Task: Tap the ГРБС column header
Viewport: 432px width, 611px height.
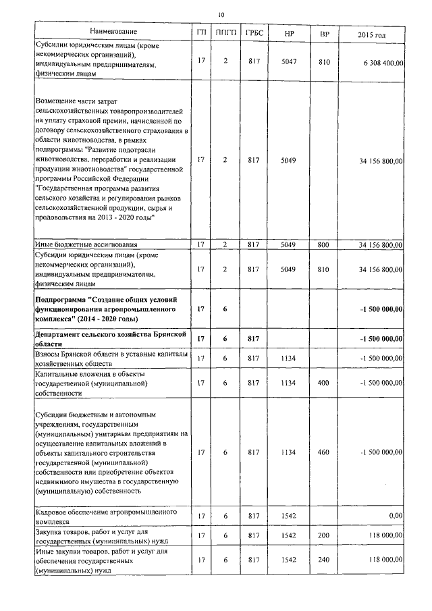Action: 254,32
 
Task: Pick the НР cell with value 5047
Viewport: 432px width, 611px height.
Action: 289,61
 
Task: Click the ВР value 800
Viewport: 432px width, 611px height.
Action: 324,244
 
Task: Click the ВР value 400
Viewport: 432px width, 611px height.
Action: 324,383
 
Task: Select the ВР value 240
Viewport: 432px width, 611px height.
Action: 324,560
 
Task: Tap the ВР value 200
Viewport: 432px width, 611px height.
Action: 324,537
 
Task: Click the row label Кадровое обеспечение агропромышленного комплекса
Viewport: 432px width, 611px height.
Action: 105,516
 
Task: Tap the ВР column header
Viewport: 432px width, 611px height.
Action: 324,32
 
